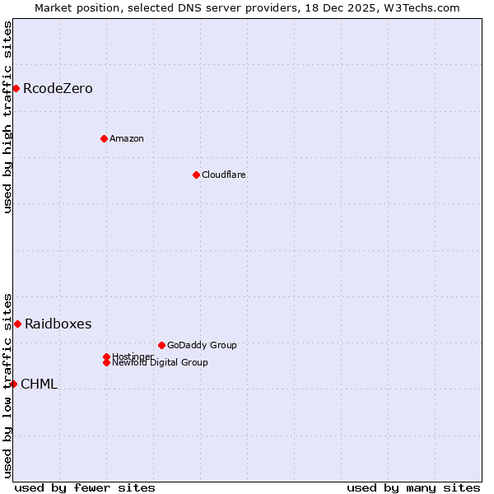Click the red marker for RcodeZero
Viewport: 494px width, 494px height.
[x=16, y=88]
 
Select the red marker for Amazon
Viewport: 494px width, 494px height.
[x=104, y=138]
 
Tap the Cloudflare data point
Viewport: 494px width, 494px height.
[x=196, y=175]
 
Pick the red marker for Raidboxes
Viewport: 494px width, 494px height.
[x=17, y=324]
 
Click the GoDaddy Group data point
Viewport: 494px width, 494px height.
[x=161, y=345]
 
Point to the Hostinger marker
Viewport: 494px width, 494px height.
[x=106, y=357]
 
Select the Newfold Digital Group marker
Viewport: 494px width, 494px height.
[x=107, y=362]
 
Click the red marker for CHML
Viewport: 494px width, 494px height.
[x=13, y=384]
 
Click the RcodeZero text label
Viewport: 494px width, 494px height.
[x=58, y=89]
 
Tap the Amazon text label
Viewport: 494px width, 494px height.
[x=127, y=139]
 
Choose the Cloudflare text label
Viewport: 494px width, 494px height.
[x=224, y=175]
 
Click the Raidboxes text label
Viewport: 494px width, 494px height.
[x=58, y=324]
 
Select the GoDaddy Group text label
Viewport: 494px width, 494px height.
[x=202, y=346]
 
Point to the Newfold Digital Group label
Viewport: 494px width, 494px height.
[x=161, y=363]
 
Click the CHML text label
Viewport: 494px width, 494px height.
[x=39, y=384]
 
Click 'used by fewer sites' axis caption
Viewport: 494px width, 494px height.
[x=85, y=487]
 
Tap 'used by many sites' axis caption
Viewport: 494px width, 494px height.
[x=413, y=487]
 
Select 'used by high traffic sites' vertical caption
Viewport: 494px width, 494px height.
[x=8, y=117]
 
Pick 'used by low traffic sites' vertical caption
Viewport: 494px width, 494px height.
[x=8, y=384]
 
